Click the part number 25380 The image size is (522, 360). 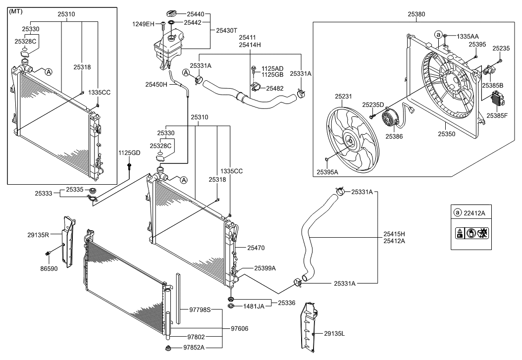click(x=416, y=15)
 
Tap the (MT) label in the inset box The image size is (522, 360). click(x=17, y=11)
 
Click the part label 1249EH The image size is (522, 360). click(x=143, y=24)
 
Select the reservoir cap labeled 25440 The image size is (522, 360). click(x=172, y=12)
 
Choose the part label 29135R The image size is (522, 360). click(x=39, y=236)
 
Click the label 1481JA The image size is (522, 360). click(x=254, y=307)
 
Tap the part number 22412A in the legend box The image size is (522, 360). click(x=475, y=212)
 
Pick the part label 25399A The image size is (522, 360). click(x=265, y=267)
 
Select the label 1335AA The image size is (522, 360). click(x=468, y=36)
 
